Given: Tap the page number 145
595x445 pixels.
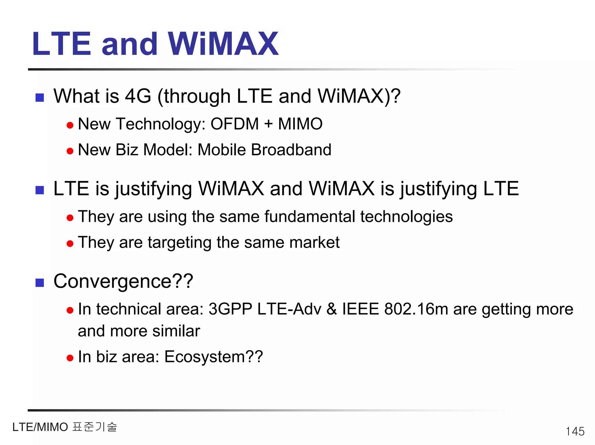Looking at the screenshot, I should click(x=575, y=431).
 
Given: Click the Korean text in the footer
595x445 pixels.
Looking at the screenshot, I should click(x=94, y=427).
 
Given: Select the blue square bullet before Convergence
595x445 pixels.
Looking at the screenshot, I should click(x=40, y=283).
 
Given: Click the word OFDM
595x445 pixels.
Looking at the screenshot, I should click(x=234, y=124).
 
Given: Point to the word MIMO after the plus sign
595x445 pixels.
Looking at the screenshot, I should click(x=300, y=124).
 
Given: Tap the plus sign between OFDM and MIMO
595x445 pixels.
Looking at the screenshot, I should click(x=268, y=124).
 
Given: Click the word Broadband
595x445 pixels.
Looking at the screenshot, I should click(x=291, y=150).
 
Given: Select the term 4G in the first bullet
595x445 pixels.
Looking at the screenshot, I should click(x=138, y=96).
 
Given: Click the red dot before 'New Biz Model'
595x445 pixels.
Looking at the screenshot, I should click(x=70, y=151).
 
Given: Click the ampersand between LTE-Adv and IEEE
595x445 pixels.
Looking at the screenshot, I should click(x=332, y=309).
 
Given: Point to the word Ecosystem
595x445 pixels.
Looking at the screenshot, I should click(x=205, y=357).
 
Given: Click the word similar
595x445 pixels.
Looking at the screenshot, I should click(x=176, y=331).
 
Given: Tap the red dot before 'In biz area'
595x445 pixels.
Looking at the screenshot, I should click(x=70, y=358).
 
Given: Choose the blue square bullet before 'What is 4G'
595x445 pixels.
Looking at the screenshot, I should click(x=40, y=98).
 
